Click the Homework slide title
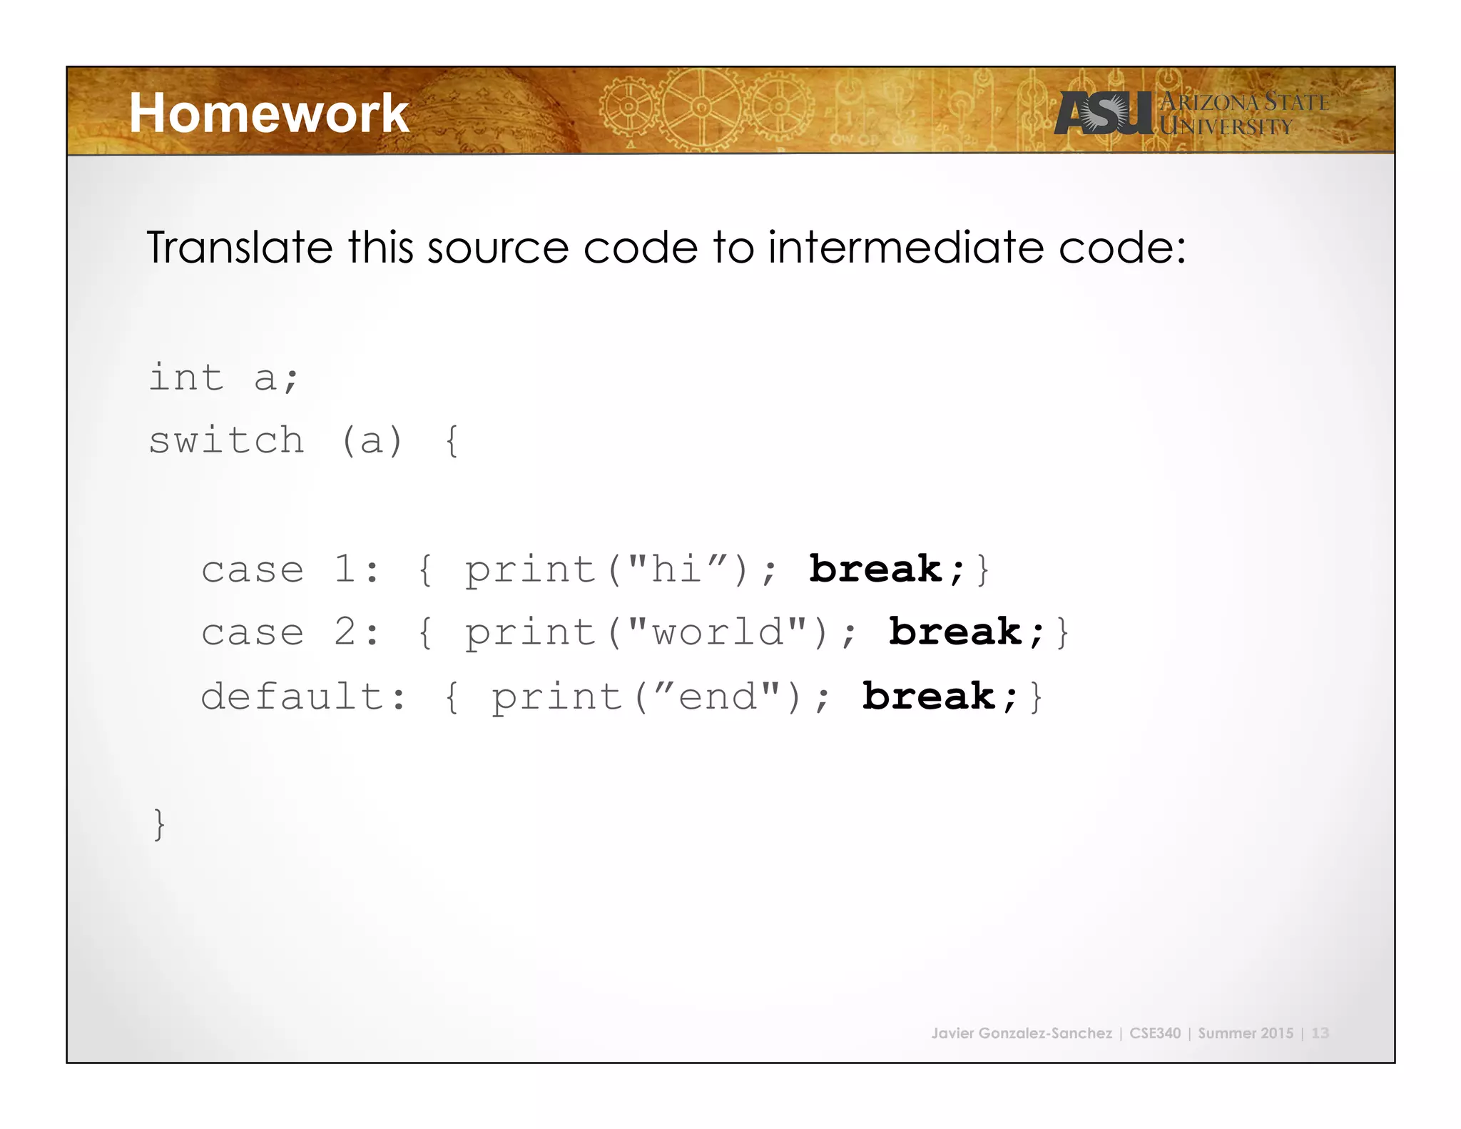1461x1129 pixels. (x=269, y=113)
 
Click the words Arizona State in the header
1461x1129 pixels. (x=1244, y=102)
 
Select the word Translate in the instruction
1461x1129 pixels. (x=239, y=248)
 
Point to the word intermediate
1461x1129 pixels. (x=906, y=248)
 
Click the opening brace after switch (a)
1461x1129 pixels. (x=452, y=440)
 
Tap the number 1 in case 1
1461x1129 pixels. (x=345, y=569)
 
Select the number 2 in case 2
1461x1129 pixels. (x=345, y=632)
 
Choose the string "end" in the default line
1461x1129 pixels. (x=717, y=697)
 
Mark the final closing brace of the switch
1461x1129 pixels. (x=159, y=824)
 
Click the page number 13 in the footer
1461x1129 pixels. (x=1320, y=1033)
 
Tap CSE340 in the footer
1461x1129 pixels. (x=1154, y=1033)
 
